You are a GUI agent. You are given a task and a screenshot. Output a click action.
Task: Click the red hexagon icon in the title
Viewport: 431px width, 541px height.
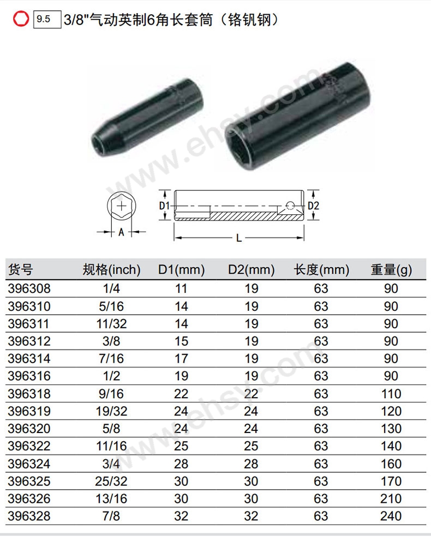(21, 19)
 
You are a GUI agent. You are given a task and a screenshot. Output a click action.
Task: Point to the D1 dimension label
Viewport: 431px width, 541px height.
(164, 206)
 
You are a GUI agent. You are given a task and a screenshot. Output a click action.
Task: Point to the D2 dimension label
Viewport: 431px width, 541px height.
(313, 206)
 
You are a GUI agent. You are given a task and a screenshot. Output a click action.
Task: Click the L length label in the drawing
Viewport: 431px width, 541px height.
(239, 238)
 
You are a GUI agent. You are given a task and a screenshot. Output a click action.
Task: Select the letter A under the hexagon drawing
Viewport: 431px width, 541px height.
(121, 232)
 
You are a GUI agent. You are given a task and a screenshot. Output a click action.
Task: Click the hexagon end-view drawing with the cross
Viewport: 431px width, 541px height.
(122, 206)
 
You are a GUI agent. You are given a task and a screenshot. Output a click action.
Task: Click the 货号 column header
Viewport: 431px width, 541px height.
(21, 269)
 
